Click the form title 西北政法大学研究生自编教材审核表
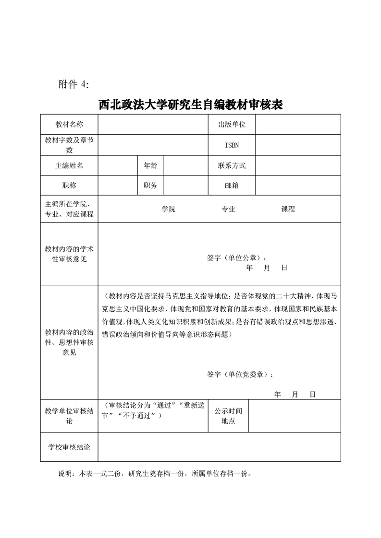(x=190, y=105)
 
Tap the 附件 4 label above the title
(x=74, y=84)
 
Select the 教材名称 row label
(x=69, y=125)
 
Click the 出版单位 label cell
(x=232, y=125)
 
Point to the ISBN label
(x=232, y=145)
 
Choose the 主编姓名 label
(x=69, y=165)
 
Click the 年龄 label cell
(x=150, y=165)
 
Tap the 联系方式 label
(x=232, y=165)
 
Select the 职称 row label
(x=69, y=186)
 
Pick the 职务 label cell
(x=150, y=186)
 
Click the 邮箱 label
(x=232, y=186)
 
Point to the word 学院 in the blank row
(x=169, y=209)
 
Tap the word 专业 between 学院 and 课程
(x=228, y=209)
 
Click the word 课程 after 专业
(x=288, y=209)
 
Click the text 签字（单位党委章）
(x=241, y=374)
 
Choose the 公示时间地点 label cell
(x=228, y=416)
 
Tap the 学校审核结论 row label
(x=69, y=447)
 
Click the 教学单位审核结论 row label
(x=69, y=416)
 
